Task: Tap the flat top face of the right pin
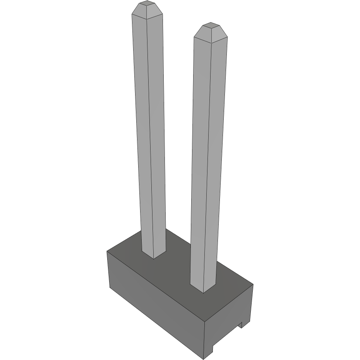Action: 211,26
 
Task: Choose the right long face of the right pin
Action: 217,163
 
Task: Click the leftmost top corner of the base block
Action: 107,251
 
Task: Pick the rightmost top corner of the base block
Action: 253,284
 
